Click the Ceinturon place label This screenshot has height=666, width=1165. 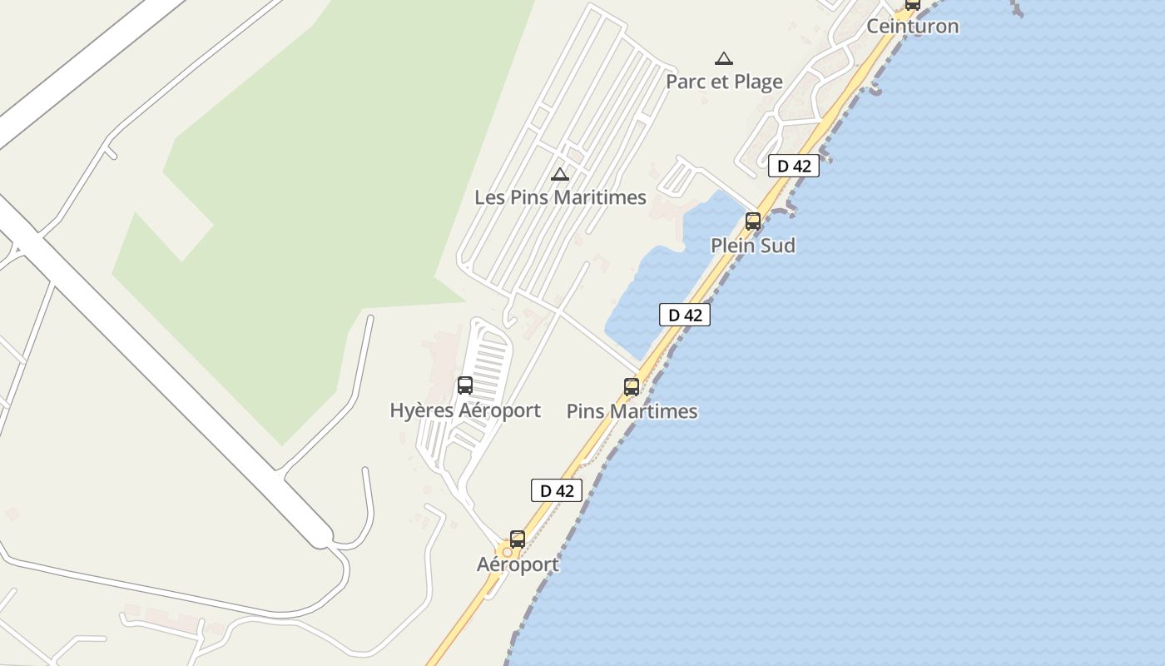click(913, 26)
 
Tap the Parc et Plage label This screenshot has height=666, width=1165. click(724, 82)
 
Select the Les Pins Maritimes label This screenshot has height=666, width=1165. click(560, 197)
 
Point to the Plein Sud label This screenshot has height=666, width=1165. click(752, 246)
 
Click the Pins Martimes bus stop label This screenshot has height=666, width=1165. click(632, 411)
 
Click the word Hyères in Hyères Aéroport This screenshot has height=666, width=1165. click(423, 410)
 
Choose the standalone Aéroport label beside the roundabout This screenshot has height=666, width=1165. click(518, 564)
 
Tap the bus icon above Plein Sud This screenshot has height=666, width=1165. click(753, 221)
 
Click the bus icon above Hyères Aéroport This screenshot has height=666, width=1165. click(465, 385)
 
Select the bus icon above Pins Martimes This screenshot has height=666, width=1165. click(632, 387)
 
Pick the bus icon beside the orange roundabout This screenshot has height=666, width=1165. click(518, 539)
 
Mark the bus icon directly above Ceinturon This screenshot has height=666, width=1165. click(913, 3)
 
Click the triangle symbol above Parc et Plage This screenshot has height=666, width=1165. click(724, 58)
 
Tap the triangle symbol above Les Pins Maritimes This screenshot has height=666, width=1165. click(560, 174)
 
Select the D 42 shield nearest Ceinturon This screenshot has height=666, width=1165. click(793, 166)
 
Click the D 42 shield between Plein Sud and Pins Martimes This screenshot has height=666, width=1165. click(685, 315)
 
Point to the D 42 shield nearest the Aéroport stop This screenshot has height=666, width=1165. click(557, 490)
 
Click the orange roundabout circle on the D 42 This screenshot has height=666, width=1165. click(506, 552)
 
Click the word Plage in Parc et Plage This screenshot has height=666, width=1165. click(756, 82)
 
